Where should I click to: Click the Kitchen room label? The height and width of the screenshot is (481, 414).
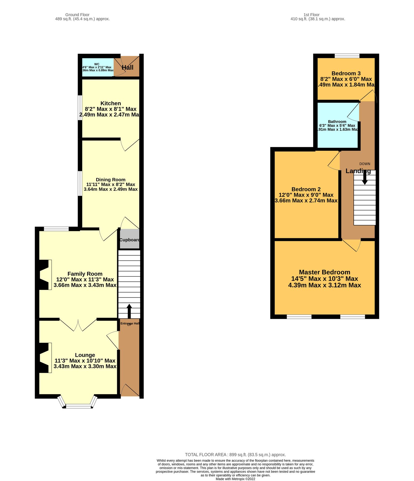(x=111, y=103)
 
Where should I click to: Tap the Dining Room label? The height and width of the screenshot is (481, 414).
(x=111, y=180)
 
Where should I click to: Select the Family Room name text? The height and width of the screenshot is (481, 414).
(x=85, y=274)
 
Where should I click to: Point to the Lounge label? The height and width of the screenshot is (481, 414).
(x=85, y=355)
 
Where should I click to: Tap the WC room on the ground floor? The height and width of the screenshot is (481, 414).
(x=97, y=67)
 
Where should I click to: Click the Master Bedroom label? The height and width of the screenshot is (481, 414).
(x=324, y=272)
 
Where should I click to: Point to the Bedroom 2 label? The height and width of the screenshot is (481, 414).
(x=306, y=189)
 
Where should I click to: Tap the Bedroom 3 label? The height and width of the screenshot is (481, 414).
(x=346, y=73)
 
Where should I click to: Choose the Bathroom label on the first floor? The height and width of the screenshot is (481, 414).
(x=337, y=122)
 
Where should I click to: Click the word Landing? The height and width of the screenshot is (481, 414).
(x=358, y=171)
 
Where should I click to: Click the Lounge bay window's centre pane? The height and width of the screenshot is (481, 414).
(x=78, y=407)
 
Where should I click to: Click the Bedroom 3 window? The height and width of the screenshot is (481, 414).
(x=347, y=56)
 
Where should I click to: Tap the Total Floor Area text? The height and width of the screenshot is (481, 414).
(x=235, y=455)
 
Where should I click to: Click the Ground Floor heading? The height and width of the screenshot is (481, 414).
(x=77, y=15)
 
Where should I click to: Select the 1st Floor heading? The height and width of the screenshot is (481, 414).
(x=311, y=15)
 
